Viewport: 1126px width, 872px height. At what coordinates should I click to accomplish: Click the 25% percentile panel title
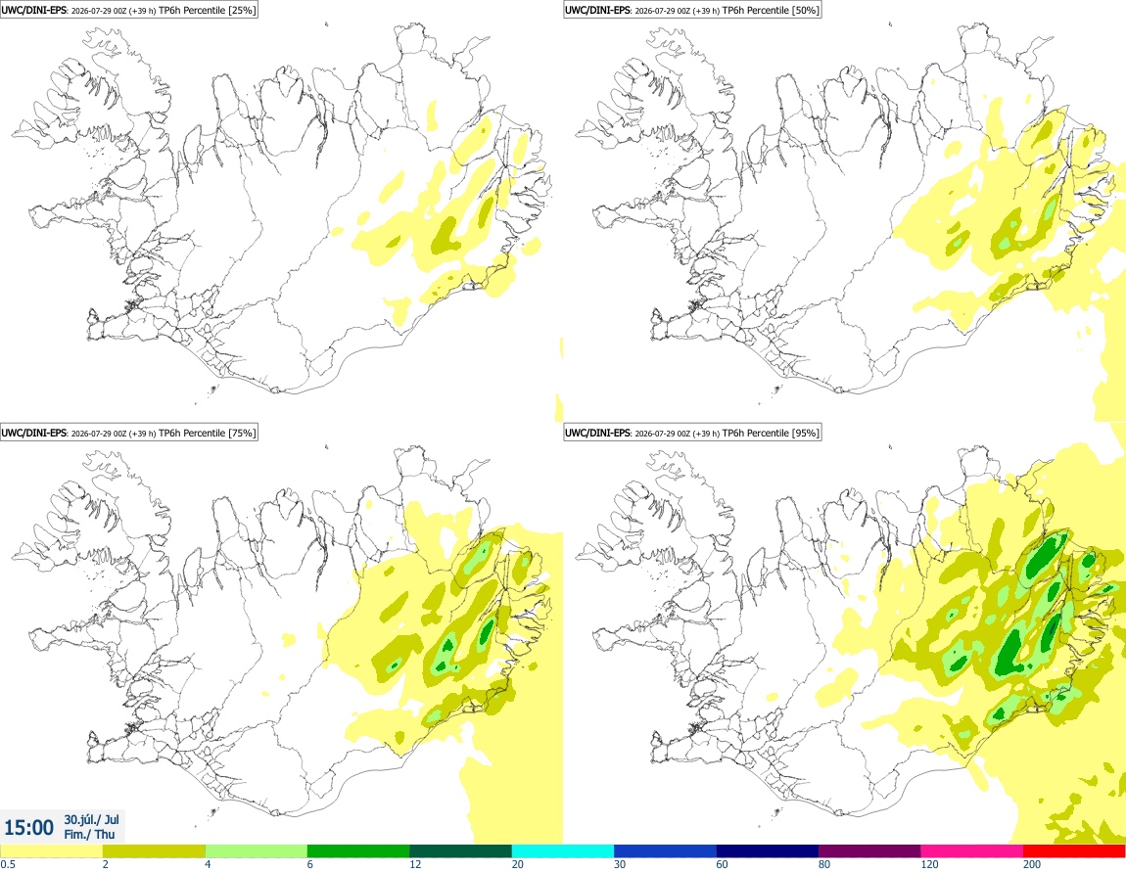tap(128, 10)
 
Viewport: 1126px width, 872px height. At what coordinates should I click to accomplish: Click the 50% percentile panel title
tap(692, 10)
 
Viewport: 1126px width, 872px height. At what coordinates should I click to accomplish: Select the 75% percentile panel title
tap(128, 433)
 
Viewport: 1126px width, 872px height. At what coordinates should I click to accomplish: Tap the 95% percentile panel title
tap(692, 433)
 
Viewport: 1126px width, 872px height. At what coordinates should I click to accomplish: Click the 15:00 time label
tap(28, 828)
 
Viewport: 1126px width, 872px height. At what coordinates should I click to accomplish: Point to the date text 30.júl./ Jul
tap(91, 819)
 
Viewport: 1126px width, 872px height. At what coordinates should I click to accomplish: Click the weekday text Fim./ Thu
tap(89, 834)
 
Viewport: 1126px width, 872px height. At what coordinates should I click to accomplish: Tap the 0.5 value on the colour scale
tap(8, 864)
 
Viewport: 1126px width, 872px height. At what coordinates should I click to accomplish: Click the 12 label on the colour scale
tap(415, 864)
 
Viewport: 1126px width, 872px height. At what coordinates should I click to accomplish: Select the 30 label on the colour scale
tap(620, 864)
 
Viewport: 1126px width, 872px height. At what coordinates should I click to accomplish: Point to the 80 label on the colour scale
tap(824, 864)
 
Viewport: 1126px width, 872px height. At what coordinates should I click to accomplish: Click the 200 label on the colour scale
tap(1032, 864)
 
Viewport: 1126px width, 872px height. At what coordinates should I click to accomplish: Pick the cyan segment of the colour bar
tap(562, 851)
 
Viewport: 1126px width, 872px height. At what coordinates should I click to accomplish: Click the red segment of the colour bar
tap(1074, 851)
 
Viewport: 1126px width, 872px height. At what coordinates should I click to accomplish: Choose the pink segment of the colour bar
tap(971, 851)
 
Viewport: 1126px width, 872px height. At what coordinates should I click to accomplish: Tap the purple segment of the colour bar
tap(869, 851)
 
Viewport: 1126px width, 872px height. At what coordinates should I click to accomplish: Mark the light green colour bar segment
tap(257, 851)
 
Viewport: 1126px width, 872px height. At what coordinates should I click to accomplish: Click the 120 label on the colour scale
tap(929, 864)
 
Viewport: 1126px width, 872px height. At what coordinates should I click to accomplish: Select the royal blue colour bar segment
tap(665, 851)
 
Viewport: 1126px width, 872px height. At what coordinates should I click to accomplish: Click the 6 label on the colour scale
tap(310, 864)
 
